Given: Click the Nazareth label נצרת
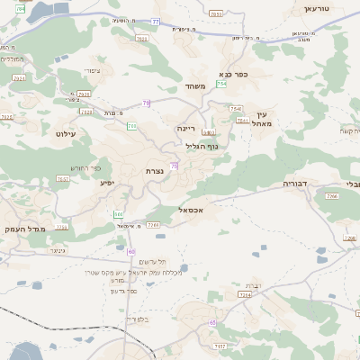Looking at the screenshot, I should [x=154, y=170].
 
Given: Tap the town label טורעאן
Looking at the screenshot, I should [x=317, y=8].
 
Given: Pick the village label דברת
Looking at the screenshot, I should [x=253, y=285].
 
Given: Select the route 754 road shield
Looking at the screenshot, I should [x=221, y=84].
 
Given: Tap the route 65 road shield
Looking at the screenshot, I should [x=212, y=321].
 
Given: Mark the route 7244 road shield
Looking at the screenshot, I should [x=244, y=294].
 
